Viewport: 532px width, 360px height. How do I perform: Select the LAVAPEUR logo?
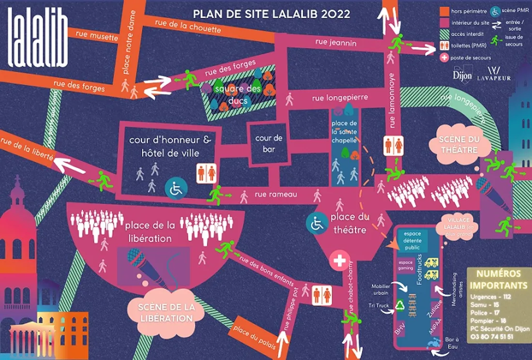coord(494,74)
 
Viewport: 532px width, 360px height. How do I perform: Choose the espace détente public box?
coord(412,241)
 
